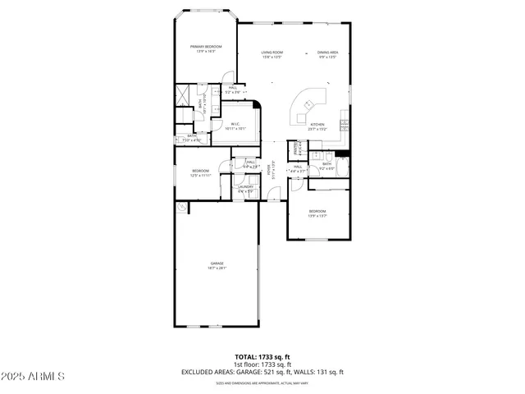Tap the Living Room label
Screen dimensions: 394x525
[x=272, y=54]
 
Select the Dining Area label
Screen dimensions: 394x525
[x=327, y=54]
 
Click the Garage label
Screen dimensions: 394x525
[x=217, y=265]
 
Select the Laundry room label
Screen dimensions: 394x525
[x=245, y=189]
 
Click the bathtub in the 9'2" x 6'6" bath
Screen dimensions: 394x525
[x=342, y=167]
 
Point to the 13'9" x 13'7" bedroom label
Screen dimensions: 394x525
[x=317, y=213]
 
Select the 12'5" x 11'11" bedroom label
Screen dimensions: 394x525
[x=201, y=172]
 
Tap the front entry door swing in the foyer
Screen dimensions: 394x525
[x=274, y=195]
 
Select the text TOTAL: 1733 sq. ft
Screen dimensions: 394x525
[x=262, y=357]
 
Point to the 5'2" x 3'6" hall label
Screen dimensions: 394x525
[x=233, y=89]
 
